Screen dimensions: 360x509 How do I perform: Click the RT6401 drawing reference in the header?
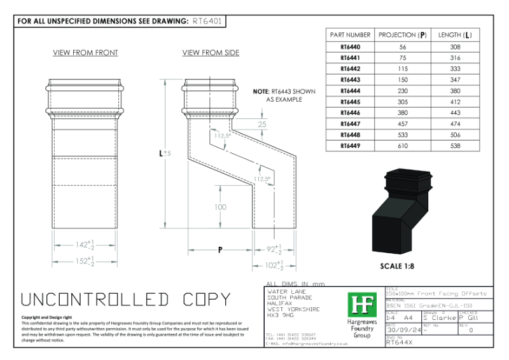[x=207, y=20]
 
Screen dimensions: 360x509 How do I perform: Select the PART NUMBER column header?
[x=349, y=34]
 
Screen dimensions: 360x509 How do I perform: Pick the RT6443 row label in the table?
[x=349, y=80]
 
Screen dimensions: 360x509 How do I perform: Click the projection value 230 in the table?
[x=402, y=91]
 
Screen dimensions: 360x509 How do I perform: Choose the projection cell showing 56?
[x=402, y=47]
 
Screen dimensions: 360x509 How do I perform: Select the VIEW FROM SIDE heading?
[x=211, y=53]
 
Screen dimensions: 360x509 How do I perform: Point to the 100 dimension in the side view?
[x=220, y=207]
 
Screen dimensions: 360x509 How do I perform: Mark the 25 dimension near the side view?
[x=262, y=125]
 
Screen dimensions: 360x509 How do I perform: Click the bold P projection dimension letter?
[x=220, y=250]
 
